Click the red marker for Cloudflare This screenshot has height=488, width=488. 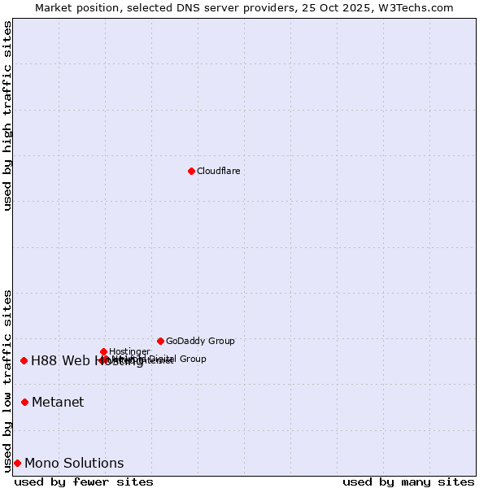(191, 171)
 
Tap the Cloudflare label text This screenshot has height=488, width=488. (218, 171)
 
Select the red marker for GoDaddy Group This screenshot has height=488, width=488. (160, 341)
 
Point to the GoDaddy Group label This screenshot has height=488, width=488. (200, 341)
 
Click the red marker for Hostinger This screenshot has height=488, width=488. (103, 351)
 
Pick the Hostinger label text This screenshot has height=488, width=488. (129, 351)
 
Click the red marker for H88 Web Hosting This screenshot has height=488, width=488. (24, 360)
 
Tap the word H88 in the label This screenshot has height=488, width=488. (41, 361)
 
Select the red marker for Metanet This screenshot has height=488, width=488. (24, 402)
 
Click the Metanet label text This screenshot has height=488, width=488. (58, 402)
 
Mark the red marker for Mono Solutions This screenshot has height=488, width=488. (17, 463)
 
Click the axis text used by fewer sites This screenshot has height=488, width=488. (84, 481)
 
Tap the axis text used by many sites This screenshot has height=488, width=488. (408, 481)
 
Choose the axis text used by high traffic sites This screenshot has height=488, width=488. (7, 115)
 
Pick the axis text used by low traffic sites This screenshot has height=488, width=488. (7, 381)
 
